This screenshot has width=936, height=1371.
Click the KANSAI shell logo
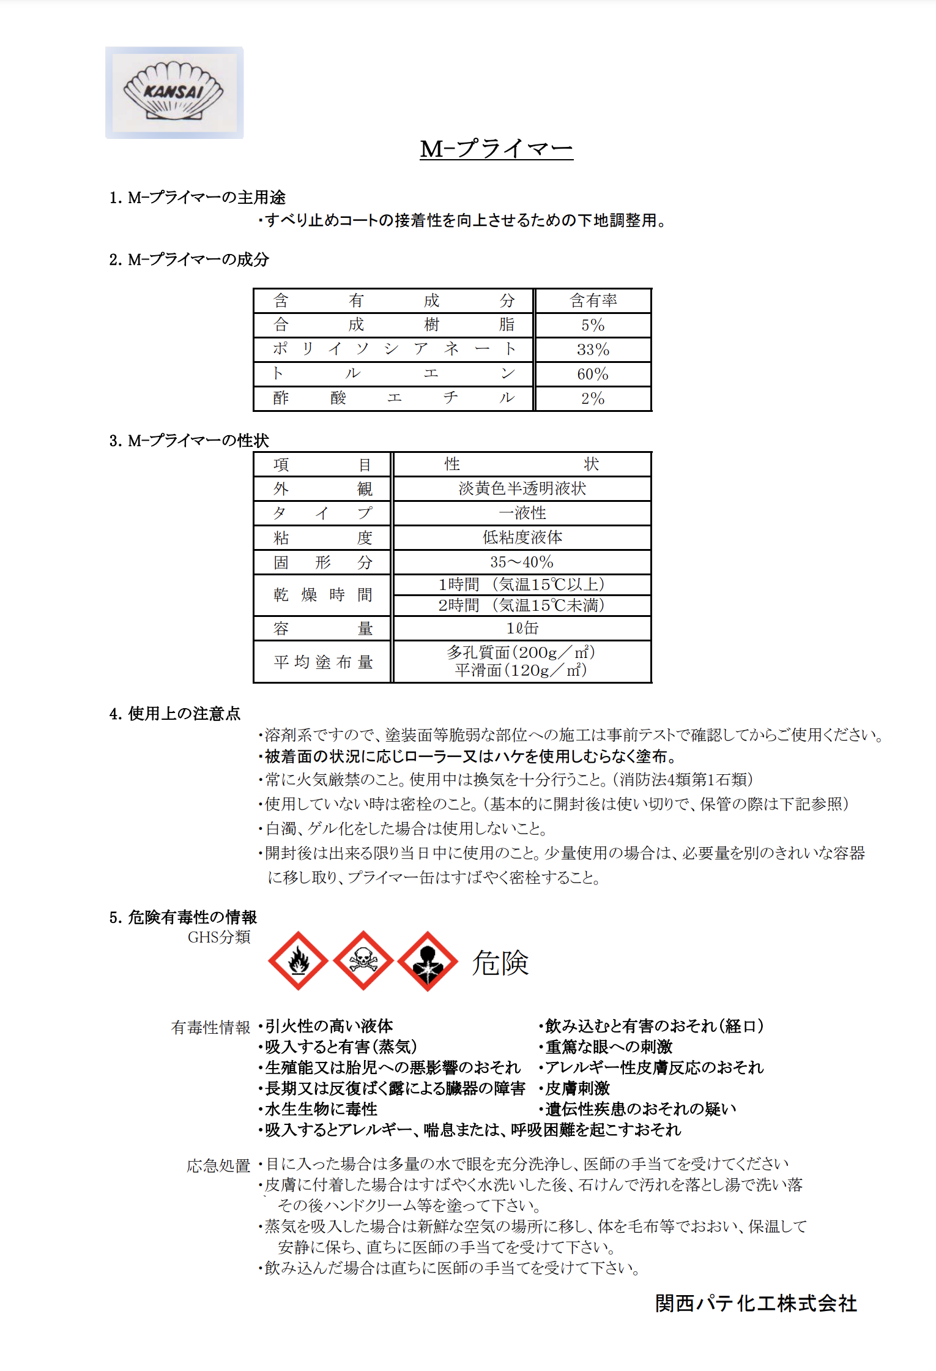tap(174, 92)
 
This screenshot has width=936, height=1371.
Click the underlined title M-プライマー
tap(496, 149)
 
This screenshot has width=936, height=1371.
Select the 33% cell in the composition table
tap(593, 349)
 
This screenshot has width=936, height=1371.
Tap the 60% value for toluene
tap(593, 374)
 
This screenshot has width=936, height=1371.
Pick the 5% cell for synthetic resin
tap(593, 325)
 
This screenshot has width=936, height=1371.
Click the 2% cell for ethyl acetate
tap(593, 398)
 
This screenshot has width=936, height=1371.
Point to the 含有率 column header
tap(593, 301)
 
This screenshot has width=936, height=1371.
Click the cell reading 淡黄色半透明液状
tap(522, 488)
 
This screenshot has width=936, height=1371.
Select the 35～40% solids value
tap(522, 562)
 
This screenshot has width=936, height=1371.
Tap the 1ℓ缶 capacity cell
tap(522, 628)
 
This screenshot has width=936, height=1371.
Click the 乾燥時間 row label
tap(322, 595)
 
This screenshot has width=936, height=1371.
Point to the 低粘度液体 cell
tap(522, 537)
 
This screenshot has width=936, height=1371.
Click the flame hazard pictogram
tap(299, 961)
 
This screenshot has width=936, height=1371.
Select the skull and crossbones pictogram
tap(363, 961)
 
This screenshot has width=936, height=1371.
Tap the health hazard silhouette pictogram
tap(428, 961)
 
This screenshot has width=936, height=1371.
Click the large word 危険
tap(500, 963)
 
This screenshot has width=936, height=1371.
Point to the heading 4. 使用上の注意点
tap(175, 714)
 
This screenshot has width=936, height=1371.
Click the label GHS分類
tap(219, 937)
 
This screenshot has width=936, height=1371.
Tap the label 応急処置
tap(218, 1166)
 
